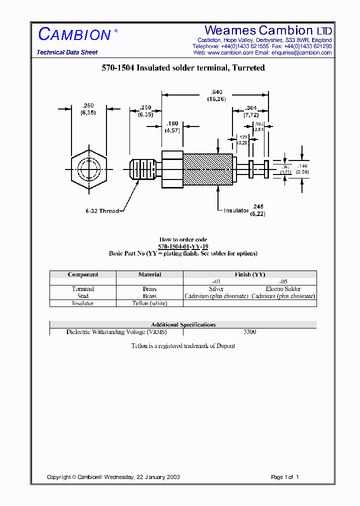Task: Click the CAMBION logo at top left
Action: pyautogui.click(x=74, y=34)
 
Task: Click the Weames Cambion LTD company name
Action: pyautogui.click(x=268, y=30)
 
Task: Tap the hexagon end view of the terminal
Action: pyautogui.click(x=89, y=168)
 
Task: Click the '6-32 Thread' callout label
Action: pyautogui.click(x=102, y=211)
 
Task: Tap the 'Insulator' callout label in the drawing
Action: pyautogui.click(x=236, y=210)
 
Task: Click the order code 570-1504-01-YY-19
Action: pyautogui.click(x=183, y=246)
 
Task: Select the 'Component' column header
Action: pyautogui.click(x=83, y=274)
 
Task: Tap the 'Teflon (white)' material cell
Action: pyautogui.click(x=149, y=303)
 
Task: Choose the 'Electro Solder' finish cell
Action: pyautogui.click(x=283, y=289)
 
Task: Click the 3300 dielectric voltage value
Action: pyautogui.click(x=249, y=331)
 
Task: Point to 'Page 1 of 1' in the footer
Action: pyautogui.click(x=284, y=477)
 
